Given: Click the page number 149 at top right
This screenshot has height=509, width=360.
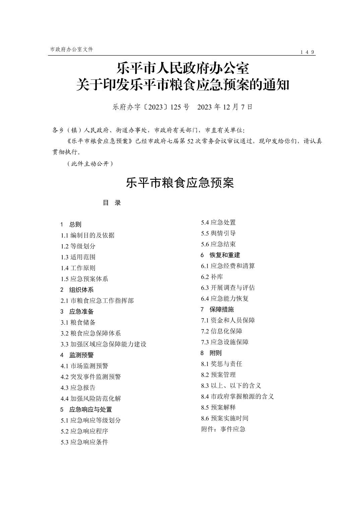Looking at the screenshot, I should [x=307, y=52].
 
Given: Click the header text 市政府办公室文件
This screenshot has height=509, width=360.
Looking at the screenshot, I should [x=71, y=49].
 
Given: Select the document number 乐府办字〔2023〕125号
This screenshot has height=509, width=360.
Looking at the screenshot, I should [x=151, y=107].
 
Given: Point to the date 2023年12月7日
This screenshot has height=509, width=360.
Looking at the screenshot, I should [x=225, y=107].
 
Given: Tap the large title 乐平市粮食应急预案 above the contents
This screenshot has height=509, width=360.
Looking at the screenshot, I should [x=180, y=183].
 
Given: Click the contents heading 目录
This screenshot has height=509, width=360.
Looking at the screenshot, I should [x=112, y=203].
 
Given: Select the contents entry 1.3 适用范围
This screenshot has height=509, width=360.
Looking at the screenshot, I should [x=78, y=257].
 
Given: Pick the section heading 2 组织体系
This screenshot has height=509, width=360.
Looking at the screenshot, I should [x=77, y=290].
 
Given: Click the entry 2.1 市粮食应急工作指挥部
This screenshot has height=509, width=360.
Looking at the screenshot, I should [x=97, y=301].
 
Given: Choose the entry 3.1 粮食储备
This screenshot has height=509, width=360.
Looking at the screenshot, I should [x=78, y=322].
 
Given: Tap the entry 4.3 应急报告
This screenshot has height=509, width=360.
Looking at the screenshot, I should [x=78, y=388].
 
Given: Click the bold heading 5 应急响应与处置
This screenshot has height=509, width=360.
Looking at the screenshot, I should [x=86, y=410].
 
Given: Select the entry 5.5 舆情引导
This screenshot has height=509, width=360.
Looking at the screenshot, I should [x=219, y=233].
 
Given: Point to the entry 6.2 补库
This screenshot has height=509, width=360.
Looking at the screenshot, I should [x=212, y=277].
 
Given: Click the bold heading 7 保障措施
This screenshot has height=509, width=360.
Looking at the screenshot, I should [x=217, y=309].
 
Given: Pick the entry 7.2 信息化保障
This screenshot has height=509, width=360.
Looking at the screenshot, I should [x=222, y=331].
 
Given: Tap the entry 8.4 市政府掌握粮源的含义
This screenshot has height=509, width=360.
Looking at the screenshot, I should [x=238, y=396].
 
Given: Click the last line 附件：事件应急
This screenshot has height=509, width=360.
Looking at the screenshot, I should [x=223, y=429].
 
